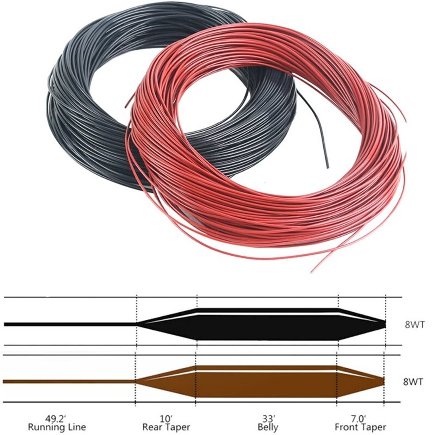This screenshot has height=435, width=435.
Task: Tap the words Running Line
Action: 56,427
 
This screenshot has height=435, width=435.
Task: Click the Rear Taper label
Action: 166,427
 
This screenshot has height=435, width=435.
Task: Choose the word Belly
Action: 268,427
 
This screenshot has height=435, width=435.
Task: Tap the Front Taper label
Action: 360,427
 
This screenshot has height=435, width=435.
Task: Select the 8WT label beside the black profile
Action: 414,325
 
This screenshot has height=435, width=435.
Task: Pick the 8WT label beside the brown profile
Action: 413,381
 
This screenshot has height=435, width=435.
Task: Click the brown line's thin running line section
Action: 68,381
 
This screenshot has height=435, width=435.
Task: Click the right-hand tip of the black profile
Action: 384,324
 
